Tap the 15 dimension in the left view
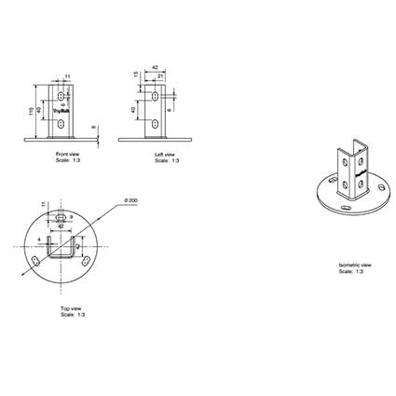point(136,75)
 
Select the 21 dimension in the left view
point(159,75)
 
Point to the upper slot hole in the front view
point(61,96)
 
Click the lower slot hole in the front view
point(61,122)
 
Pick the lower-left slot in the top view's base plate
point(37,258)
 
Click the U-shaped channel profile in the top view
point(62,252)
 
